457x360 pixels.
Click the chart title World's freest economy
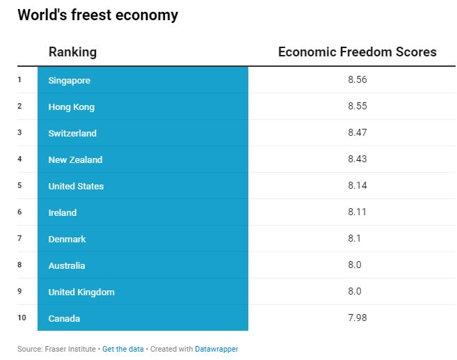click(x=97, y=15)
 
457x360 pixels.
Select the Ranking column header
click(x=72, y=52)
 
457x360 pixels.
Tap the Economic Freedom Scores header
click(x=357, y=52)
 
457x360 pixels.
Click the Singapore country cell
click(x=70, y=80)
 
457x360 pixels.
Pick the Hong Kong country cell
click(x=71, y=107)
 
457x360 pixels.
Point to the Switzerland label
click(x=72, y=133)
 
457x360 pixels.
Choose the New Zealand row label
click(x=75, y=159)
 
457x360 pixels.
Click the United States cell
click(x=76, y=186)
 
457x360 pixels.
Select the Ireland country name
click(x=63, y=212)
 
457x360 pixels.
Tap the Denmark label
click(x=67, y=239)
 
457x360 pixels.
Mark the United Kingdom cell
click(x=81, y=292)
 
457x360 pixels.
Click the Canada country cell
click(x=64, y=318)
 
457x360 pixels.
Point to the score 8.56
click(x=357, y=79)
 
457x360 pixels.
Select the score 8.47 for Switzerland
click(x=357, y=132)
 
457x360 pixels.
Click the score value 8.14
click(x=357, y=185)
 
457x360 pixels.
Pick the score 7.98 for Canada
click(x=357, y=318)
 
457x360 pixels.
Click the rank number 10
click(x=22, y=318)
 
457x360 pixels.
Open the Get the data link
click(x=123, y=349)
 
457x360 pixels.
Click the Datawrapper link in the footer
click(x=216, y=349)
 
